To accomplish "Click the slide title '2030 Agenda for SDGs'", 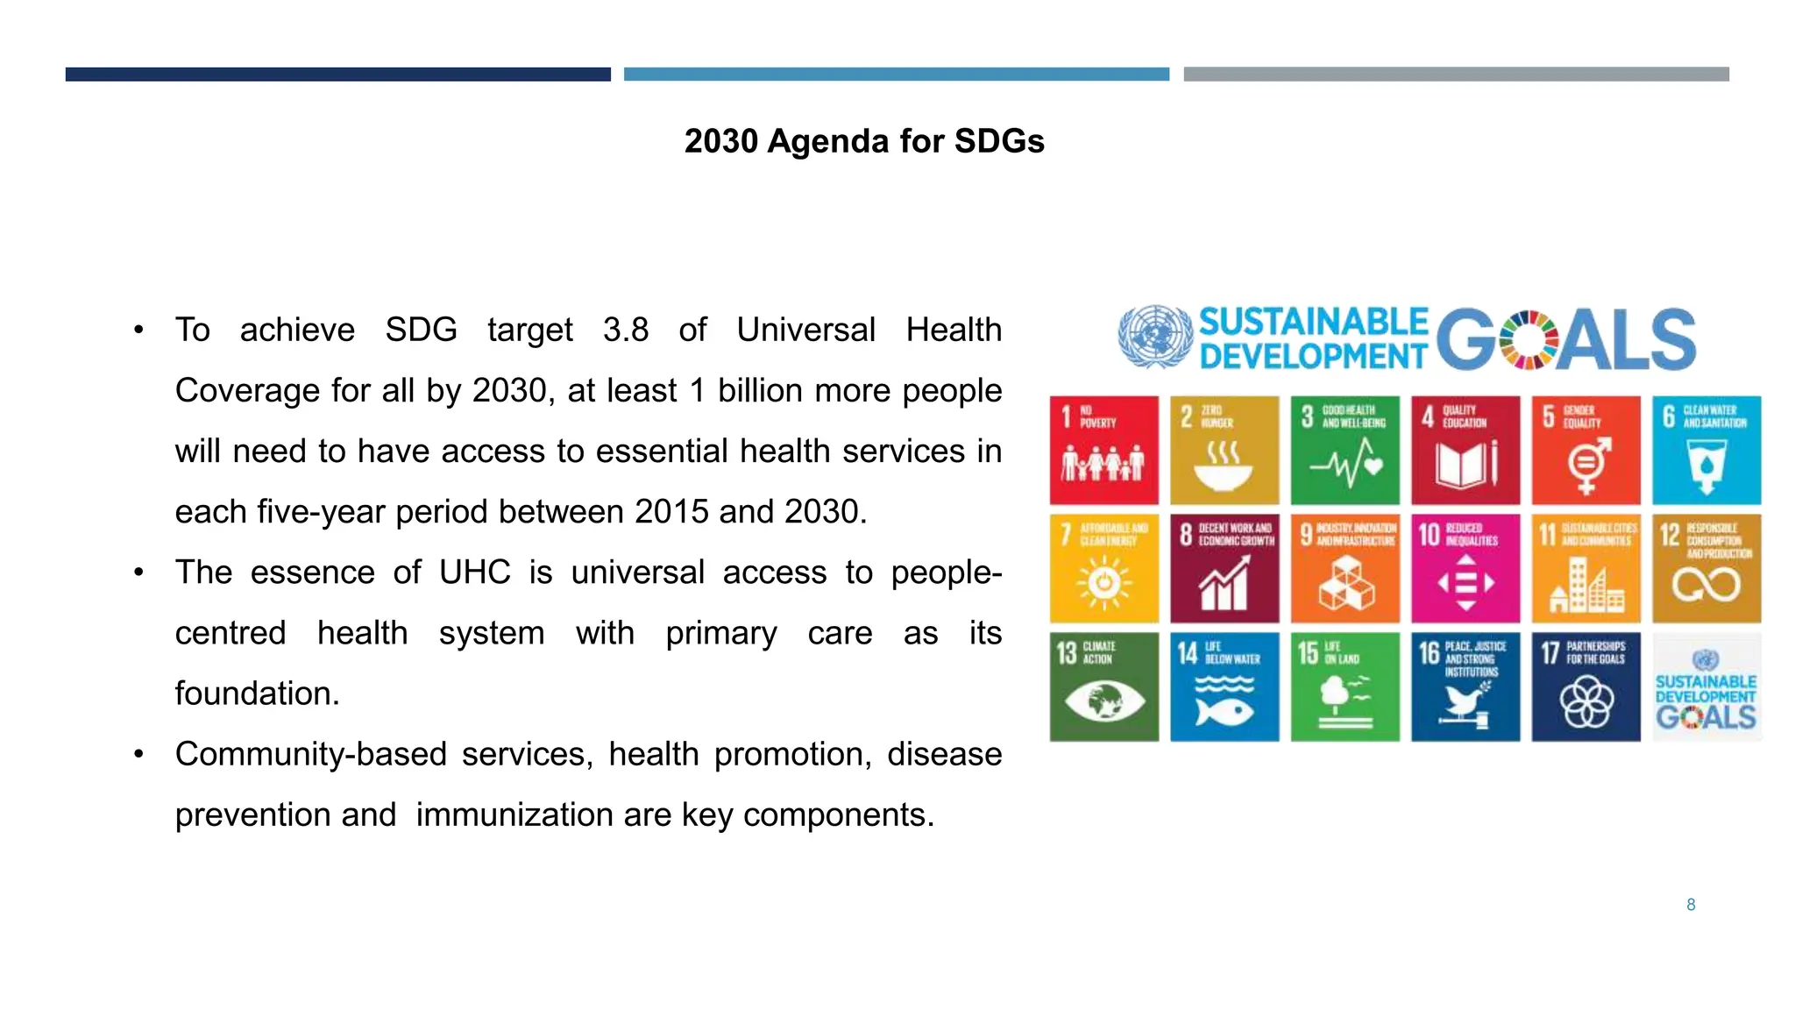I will (863, 141).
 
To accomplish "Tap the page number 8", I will (1691, 905).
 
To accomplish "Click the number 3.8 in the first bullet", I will (626, 331).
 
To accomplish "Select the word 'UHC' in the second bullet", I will (474, 573).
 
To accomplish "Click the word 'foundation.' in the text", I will (257, 693).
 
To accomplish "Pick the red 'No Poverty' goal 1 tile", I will (1103, 450).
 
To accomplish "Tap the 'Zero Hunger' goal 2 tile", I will (1224, 450).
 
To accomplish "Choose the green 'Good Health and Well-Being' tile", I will (1344, 450).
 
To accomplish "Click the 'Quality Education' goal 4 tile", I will (1465, 450).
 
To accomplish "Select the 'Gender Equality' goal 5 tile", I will (1586, 450).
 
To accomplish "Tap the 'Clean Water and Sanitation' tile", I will (1706, 450).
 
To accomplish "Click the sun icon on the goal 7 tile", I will (1104, 582).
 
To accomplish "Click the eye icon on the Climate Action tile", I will (1104, 701).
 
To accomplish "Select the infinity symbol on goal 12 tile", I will (1706, 584).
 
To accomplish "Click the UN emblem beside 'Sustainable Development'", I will (1155, 337).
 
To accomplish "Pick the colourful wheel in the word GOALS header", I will (1529, 340).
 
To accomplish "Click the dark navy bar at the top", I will (337, 75).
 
